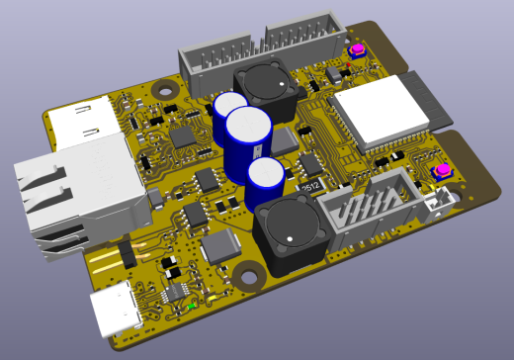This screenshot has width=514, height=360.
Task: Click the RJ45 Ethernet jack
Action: pyautogui.click(x=69, y=193)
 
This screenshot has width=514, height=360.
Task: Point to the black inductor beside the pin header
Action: pyautogui.click(x=266, y=84)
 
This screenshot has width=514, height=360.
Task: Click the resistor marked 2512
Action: pyautogui.click(x=309, y=185)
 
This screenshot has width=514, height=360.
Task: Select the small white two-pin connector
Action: pyautogui.click(x=444, y=197)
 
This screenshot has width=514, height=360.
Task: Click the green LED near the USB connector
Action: pyautogui.click(x=190, y=306)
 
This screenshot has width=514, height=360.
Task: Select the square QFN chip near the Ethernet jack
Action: pyautogui.click(x=183, y=136)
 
